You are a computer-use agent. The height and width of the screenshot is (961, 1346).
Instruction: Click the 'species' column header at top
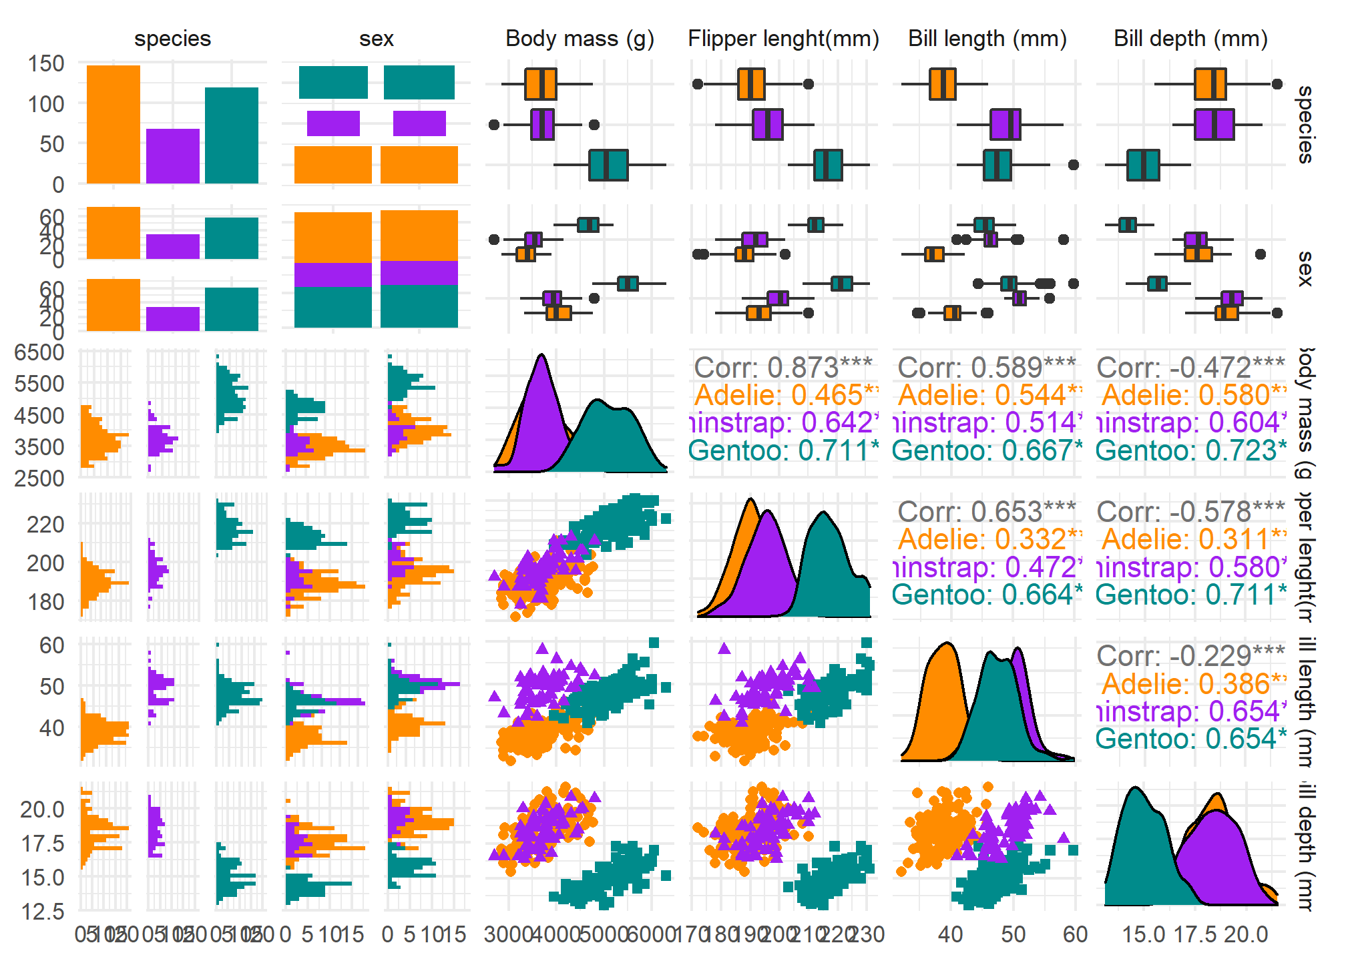(x=172, y=39)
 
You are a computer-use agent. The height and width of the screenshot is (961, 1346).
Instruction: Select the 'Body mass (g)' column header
(x=580, y=39)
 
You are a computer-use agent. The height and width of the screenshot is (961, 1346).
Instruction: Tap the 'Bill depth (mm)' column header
(x=1190, y=39)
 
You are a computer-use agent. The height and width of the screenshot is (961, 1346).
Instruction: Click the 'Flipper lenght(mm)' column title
(x=783, y=39)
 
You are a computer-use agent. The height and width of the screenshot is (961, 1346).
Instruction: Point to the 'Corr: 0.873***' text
(x=783, y=367)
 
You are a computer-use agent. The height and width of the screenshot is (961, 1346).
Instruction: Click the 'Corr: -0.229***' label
(x=1190, y=655)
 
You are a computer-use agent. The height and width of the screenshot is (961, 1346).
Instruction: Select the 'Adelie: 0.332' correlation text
(x=987, y=539)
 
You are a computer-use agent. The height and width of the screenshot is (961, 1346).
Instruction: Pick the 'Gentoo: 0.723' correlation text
(x=1190, y=450)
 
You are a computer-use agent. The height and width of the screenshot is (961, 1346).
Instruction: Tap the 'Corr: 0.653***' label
(x=987, y=512)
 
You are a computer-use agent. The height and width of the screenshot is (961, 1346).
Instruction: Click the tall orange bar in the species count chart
(x=114, y=124)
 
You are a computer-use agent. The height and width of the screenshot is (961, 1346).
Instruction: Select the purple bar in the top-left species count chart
(x=172, y=156)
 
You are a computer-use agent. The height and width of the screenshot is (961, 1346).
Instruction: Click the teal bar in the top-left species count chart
(x=232, y=135)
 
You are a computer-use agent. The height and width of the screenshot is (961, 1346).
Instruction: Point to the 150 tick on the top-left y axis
(x=46, y=64)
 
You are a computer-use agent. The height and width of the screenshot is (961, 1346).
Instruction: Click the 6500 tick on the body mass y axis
(x=39, y=352)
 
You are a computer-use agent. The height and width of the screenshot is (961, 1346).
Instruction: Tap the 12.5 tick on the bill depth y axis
(x=43, y=911)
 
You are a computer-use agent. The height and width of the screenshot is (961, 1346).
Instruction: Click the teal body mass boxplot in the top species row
(x=608, y=165)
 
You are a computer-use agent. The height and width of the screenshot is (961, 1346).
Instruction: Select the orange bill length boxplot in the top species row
(x=942, y=84)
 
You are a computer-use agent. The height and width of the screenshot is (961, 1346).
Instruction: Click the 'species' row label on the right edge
(x=1305, y=125)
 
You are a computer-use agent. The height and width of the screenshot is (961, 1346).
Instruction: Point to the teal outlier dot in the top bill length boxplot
(x=1074, y=165)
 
